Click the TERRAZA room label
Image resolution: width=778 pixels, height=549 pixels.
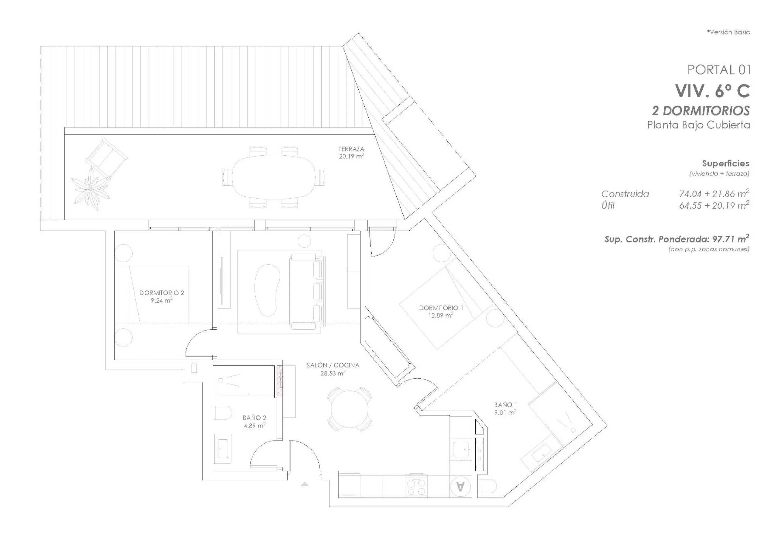(x=351, y=149)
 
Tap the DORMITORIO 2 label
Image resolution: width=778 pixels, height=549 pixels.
(x=162, y=293)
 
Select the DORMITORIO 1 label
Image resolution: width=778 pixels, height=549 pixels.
(x=441, y=308)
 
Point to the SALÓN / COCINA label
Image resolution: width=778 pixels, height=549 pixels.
(x=333, y=365)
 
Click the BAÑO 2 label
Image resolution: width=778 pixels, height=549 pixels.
(x=254, y=418)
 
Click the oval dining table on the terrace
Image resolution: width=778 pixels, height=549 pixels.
(x=274, y=177)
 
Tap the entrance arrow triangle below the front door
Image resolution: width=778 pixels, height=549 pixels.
(x=304, y=484)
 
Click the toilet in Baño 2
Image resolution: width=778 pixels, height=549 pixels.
(x=223, y=413)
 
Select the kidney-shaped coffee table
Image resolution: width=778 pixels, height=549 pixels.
(x=268, y=290)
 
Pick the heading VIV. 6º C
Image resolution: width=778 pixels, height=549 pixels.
(x=713, y=90)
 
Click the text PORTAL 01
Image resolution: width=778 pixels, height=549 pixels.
(x=719, y=70)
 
